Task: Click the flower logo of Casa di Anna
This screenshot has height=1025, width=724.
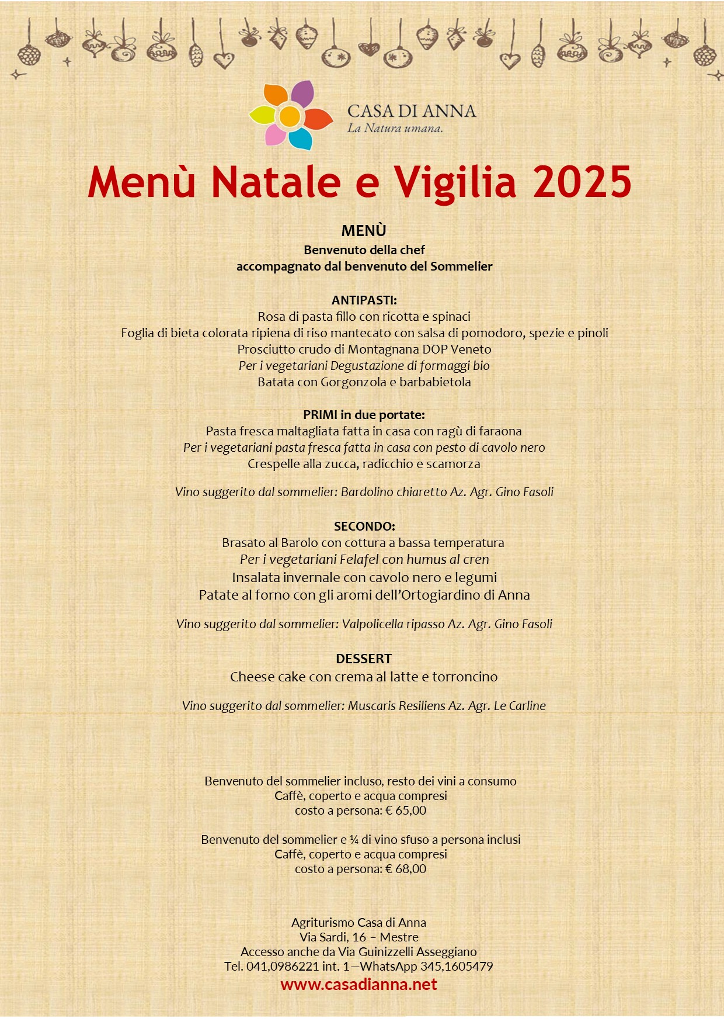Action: pos(290,116)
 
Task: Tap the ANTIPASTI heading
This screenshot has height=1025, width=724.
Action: pos(364,300)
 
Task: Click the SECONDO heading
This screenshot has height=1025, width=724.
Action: pos(364,526)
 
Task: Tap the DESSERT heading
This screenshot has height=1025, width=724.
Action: pos(363,659)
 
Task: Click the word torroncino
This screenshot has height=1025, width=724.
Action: pos(465,677)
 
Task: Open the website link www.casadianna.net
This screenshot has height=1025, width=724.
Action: pos(358,985)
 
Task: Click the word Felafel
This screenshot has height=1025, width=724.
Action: pos(359,560)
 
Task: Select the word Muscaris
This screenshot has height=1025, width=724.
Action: pos(371,706)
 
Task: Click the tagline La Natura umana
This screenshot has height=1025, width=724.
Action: pos(395,129)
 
